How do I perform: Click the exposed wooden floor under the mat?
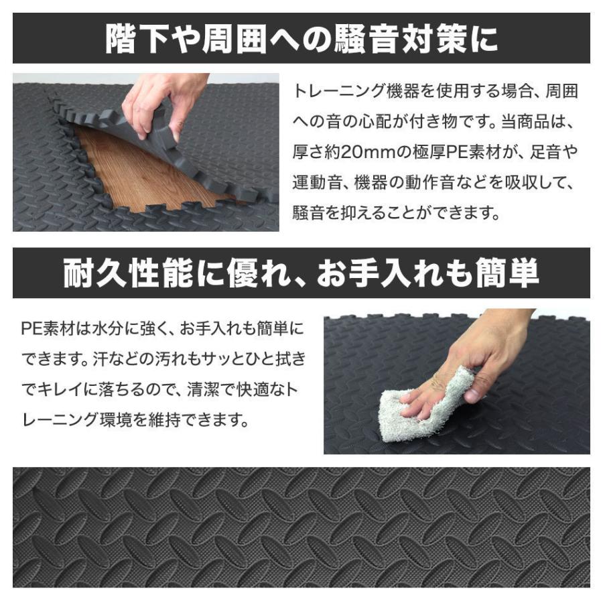(x=141, y=174)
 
